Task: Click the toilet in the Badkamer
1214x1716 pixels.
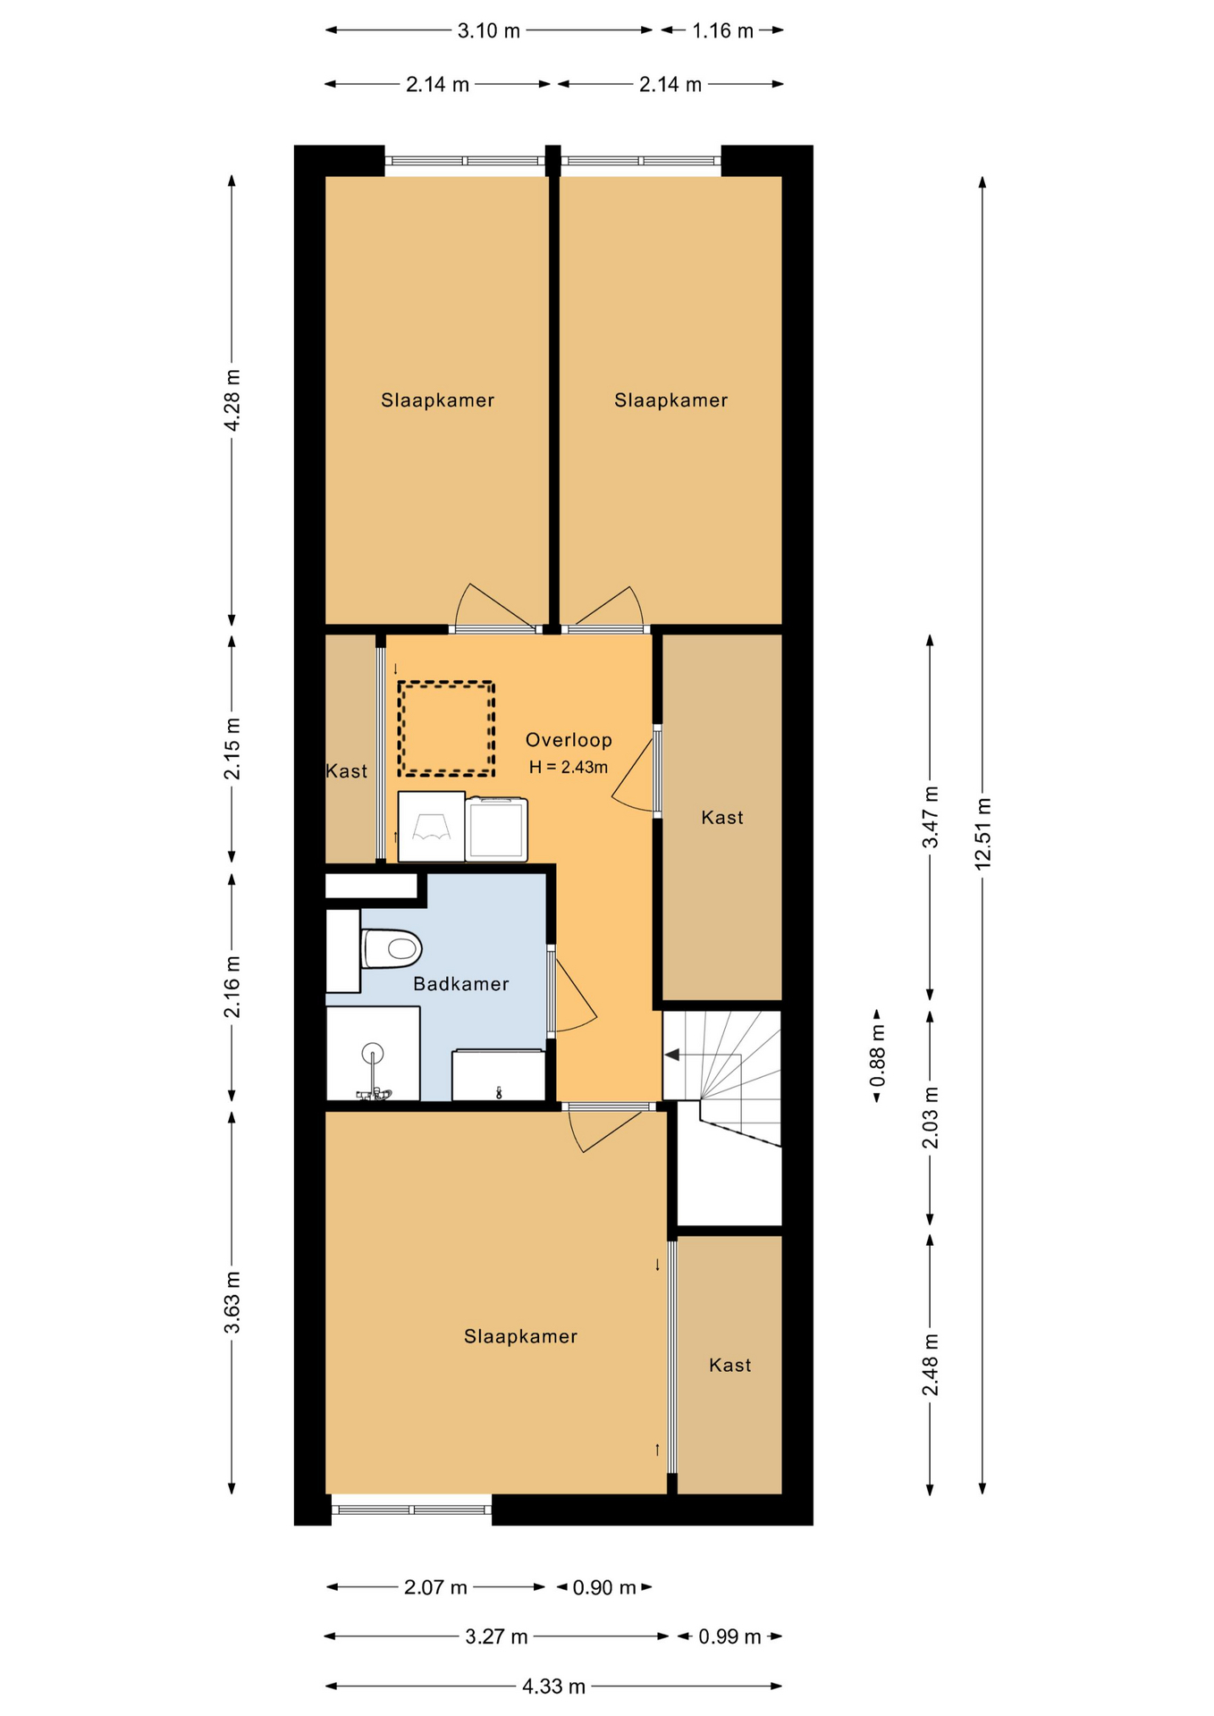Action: pyautogui.click(x=392, y=948)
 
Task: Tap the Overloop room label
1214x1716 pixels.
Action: pyautogui.click(x=569, y=740)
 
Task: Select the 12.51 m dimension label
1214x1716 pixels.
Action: pyautogui.click(x=982, y=833)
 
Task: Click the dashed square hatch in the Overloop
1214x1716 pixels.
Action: pyautogui.click(x=447, y=728)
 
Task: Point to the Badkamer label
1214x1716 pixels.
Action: pyautogui.click(x=461, y=984)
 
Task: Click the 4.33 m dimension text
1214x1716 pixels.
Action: pyautogui.click(x=554, y=1687)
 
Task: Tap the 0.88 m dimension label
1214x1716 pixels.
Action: pyautogui.click(x=877, y=1056)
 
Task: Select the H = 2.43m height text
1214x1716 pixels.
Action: pyautogui.click(x=569, y=767)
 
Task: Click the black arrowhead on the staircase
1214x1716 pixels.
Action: pyautogui.click(x=671, y=1056)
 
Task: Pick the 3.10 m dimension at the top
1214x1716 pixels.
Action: pyautogui.click(x=488, y=30)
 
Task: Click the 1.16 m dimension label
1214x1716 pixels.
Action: pyautogui.click(x=723, y=30)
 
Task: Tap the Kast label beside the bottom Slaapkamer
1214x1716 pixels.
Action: pyautogui.click(x=730, y=1365)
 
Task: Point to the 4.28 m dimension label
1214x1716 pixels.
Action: pyautogui.click(x=232, y=400)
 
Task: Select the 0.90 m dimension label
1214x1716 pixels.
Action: pyautogui.click(x=604, y=1587)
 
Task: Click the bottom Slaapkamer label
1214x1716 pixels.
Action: pyautogui.click(x=520, y=1336)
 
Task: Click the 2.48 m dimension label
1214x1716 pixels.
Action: pyautogui.click(x=931, y=1364)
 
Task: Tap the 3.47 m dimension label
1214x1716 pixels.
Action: pyautogui.click(x=931, y=817)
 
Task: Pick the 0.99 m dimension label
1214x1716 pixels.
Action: pyautogui.click(x=729, y=1636)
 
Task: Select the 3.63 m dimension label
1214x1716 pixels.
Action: pyautogui.click(x=232, y=1301)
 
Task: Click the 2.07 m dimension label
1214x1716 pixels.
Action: pyautogui.click(x=435, y=1587)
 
